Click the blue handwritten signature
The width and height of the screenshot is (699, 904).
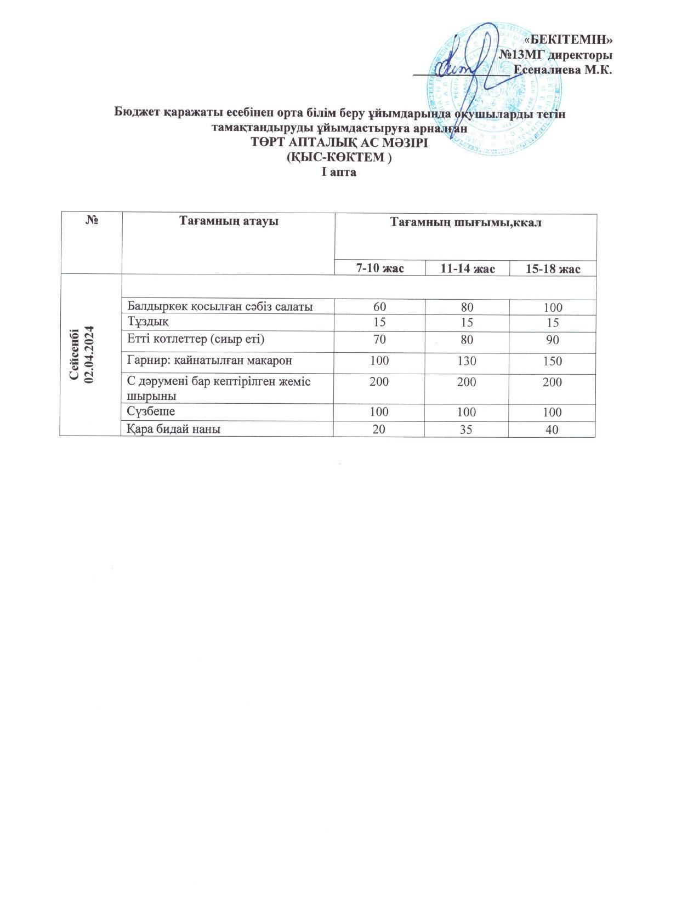(466, 68)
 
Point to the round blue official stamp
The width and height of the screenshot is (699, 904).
(496, 88)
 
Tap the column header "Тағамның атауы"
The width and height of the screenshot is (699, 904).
(229, 221)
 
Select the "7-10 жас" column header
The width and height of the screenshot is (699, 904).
(380, 268)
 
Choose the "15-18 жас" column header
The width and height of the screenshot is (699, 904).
(553, 268)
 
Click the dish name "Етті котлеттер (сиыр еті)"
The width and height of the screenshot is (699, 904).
(196, 339)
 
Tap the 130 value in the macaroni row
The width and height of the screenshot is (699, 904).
(467, 361)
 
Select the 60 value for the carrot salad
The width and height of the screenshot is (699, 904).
(379, 307)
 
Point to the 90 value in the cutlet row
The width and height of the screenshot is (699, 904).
(552, 340)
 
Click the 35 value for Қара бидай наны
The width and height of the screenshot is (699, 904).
(467, 430)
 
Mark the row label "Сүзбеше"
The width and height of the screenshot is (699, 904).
(151, 411)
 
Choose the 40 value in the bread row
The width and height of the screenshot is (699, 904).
(552, 430)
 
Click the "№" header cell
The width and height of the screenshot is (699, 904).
(92, 221)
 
